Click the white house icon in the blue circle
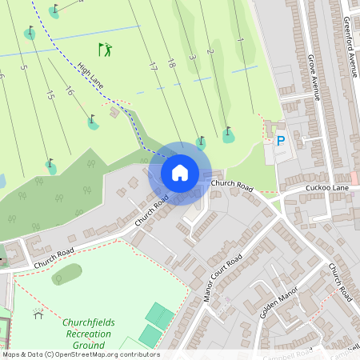click(180, 172)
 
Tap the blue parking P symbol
click(280, 141)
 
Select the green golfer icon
click(105, 50)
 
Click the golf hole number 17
click(152, 66)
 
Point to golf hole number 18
click(171, 62)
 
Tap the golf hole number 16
click(70, 90)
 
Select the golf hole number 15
click(50, 95)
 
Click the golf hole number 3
click(192, 58)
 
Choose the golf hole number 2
click(210, 52)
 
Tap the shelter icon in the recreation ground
click(37, 313)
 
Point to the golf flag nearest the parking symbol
click(229, 133)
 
